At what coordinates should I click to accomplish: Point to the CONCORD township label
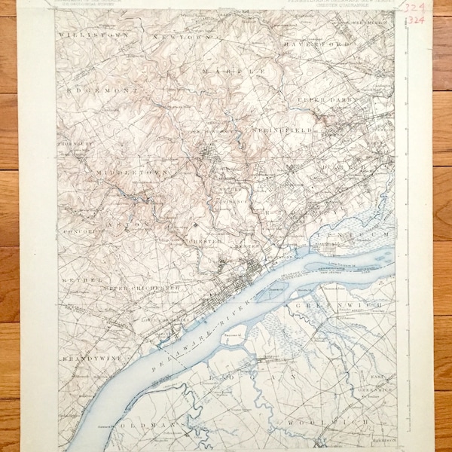(x=78, y=232)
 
